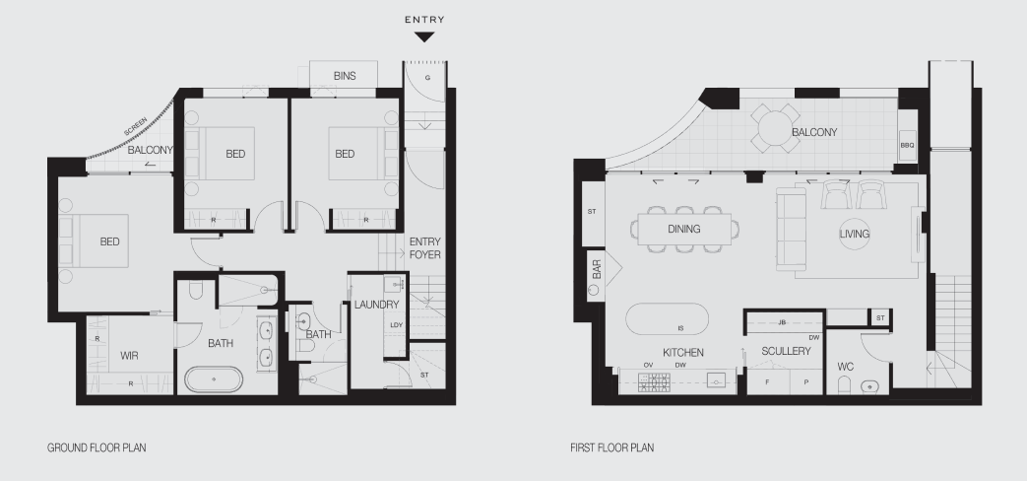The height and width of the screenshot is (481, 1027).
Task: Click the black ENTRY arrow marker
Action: pos(423,37)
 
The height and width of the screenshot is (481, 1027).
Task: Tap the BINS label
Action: pos(345,75)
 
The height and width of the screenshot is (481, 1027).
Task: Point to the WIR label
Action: pos(129,354)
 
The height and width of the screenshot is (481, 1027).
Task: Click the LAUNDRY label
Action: pos(376,305)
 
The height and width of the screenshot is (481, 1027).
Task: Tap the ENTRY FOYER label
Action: pos(424,248)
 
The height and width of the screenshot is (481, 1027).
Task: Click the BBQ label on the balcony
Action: pos(907,145)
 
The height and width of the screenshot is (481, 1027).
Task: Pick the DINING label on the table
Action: pos(683,229)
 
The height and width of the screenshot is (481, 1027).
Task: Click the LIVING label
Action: pos(855,234)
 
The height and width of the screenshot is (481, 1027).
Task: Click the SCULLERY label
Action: pos(785,351)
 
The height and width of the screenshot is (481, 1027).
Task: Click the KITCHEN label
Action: pos(682,351)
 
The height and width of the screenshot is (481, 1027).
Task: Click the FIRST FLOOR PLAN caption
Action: pos(611,447)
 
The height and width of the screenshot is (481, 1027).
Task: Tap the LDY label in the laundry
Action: pos(396,325)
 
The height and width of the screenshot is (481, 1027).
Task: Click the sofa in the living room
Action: pos(789,229)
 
